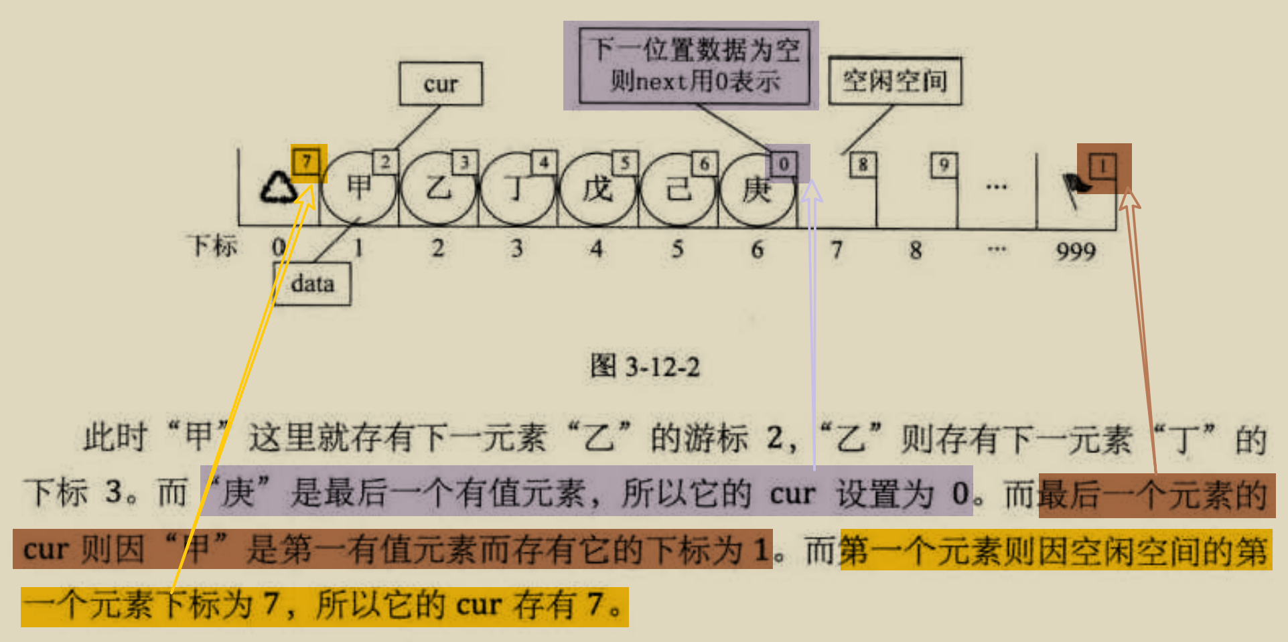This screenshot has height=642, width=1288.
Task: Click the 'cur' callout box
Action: [441, 84]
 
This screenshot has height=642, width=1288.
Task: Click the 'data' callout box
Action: [312, 283]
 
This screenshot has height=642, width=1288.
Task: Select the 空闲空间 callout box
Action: [895, 81]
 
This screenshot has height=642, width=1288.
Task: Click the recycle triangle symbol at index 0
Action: [279, 188]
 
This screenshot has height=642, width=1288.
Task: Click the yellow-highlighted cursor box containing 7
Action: [307, 161]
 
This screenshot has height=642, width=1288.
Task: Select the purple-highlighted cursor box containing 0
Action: [783, 163]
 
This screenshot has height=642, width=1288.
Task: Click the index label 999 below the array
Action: [1076, 251]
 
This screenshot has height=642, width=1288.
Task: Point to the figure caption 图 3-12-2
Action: [644, 367]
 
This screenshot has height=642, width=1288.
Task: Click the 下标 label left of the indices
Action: [213, 246]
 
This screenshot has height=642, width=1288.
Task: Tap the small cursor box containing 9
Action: [944, 165]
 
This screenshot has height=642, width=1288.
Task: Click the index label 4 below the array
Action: [596, 249]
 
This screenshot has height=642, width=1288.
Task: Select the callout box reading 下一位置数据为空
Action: [694, 66]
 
